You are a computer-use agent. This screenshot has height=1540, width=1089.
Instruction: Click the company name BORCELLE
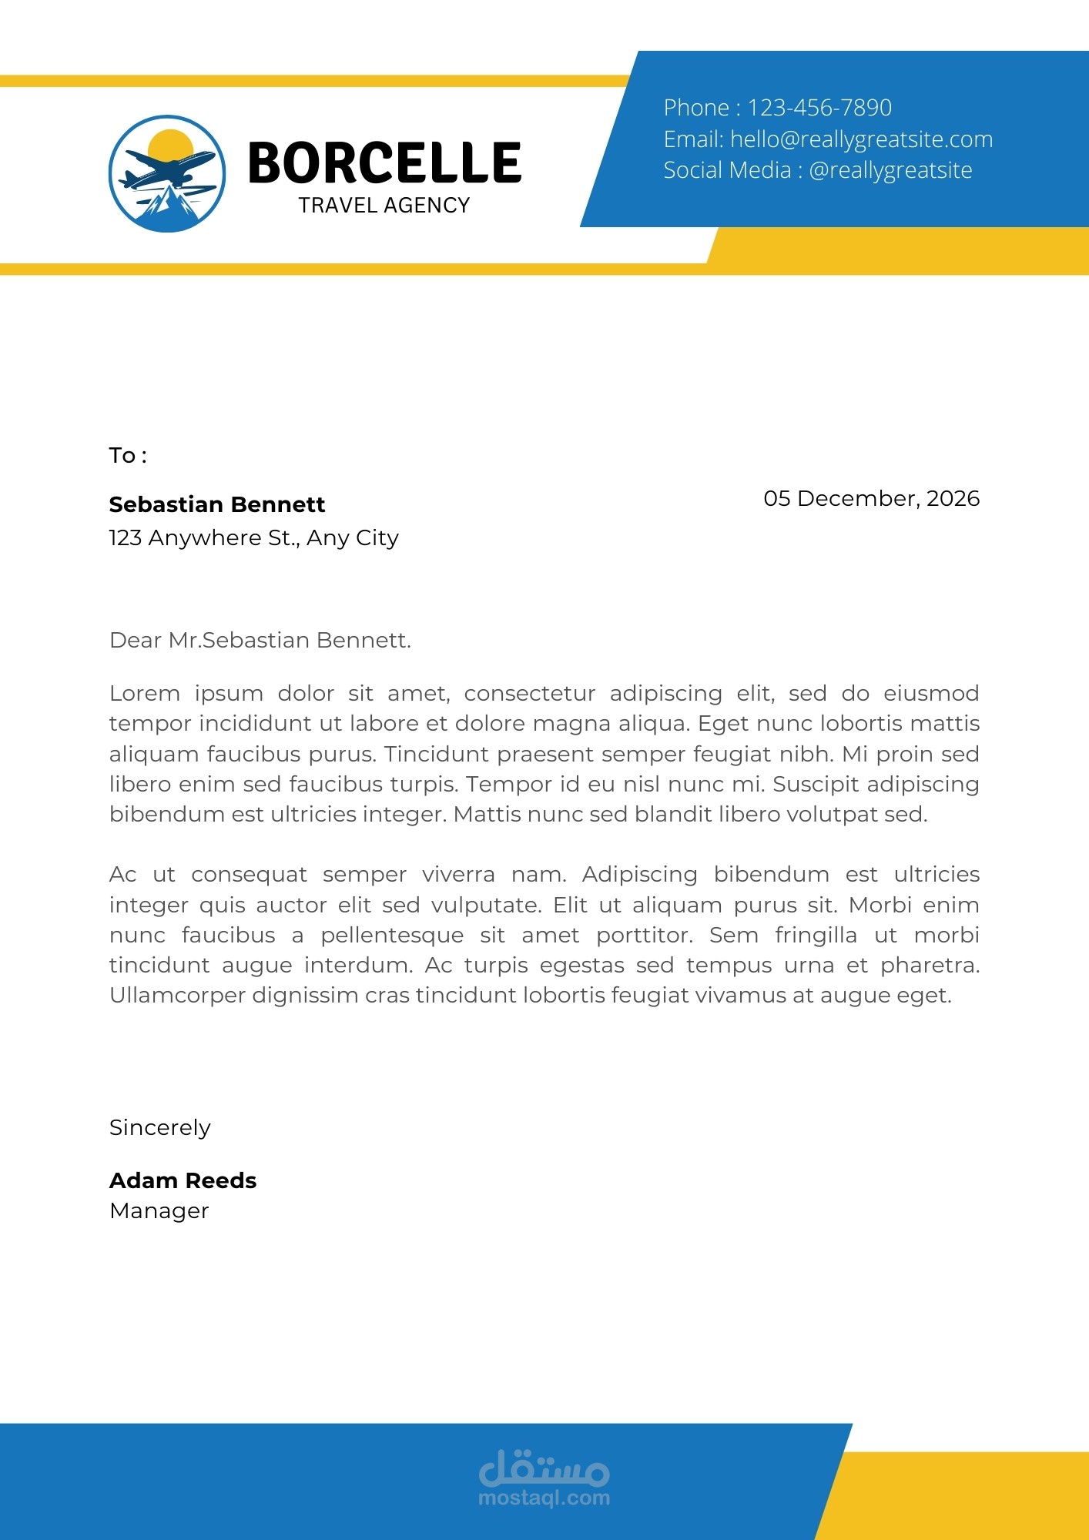click(384, 163)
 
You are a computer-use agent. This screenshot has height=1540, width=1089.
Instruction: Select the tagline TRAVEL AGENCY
click(384, 206)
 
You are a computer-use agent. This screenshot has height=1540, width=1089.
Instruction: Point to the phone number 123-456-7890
click(819, 108)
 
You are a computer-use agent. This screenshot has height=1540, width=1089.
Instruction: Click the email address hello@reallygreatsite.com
click(861, 139)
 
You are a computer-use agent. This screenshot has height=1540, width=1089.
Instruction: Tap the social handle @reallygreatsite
click(890, 170)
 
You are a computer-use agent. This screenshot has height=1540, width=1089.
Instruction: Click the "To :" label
click(128, 455)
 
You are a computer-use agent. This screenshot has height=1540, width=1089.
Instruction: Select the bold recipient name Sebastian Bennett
click(217, 504)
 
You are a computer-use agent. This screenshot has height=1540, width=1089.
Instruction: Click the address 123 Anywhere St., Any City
click(253, 537)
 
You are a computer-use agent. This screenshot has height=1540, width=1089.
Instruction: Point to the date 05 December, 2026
click(871, 498)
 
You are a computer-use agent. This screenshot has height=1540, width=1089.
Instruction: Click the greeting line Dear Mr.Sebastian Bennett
click(260, 640)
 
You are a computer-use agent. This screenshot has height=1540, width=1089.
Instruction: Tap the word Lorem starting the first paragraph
click(145, 693)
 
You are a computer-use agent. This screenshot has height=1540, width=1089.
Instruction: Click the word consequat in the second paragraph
click(249, 875)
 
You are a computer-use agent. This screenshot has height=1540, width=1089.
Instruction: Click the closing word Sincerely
click(159, 1127)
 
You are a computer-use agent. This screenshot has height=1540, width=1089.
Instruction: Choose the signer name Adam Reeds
click(183, 1180)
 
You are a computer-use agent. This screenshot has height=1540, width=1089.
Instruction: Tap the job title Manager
click(159, 1210)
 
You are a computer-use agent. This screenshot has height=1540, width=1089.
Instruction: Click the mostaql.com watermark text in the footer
click(544, 1498)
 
